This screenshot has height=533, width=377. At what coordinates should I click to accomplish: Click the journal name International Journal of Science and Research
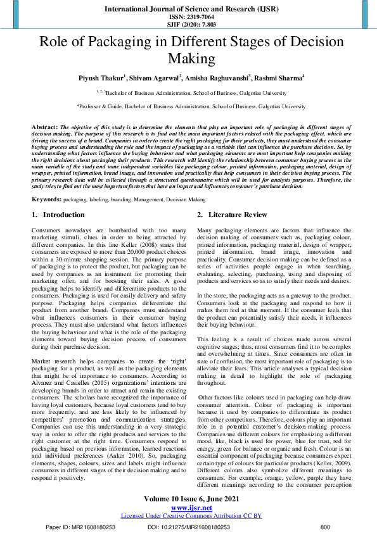coord(188,9)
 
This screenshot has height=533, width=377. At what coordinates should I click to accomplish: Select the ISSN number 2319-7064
coord(188,18)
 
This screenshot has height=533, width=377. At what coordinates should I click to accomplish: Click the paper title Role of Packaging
coord(188,51)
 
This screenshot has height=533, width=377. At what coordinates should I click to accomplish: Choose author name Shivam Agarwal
coord(157,78)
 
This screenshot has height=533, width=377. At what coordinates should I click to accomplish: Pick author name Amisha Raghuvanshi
coord(219,78)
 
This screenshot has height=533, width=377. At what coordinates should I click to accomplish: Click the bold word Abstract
coord(45,127)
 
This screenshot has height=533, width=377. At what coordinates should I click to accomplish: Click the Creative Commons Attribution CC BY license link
coord(188,515)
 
